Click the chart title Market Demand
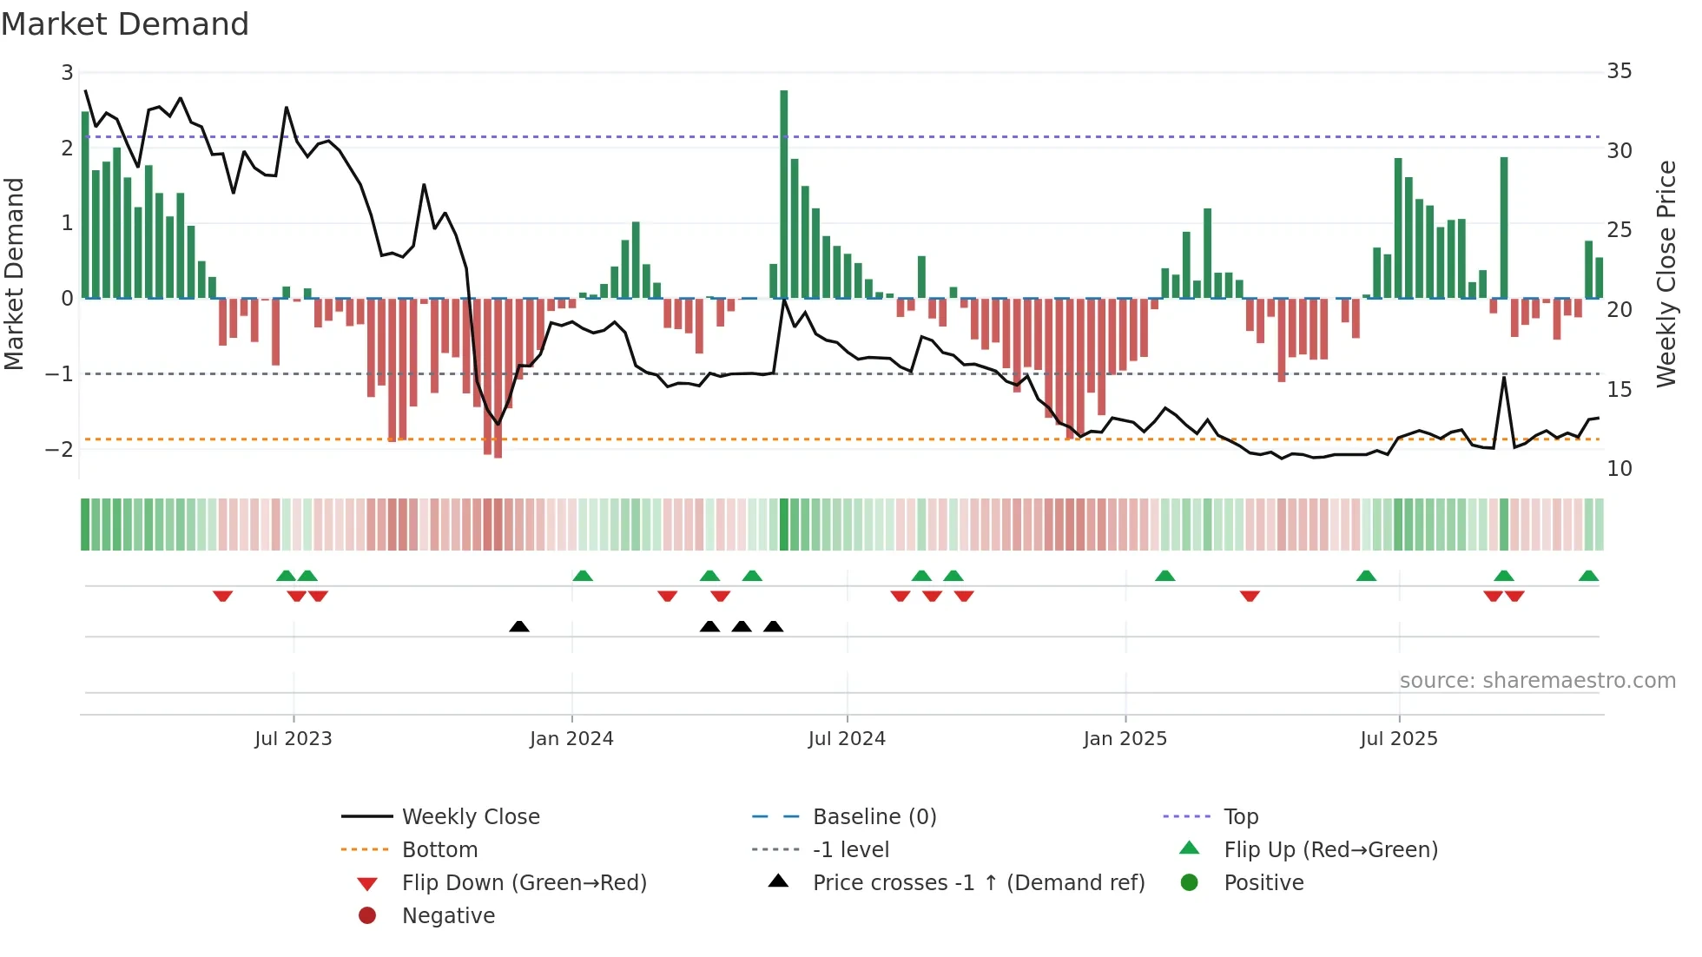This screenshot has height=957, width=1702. (125, 24)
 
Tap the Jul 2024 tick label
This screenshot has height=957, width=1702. (847, 739)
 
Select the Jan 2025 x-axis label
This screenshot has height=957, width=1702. (1125, 739)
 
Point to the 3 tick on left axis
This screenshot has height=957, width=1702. (67, 73)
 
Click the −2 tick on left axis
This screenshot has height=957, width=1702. (59, 449)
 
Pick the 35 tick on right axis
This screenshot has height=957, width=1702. (1620, 71)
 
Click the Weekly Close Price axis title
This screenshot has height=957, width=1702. (1666, 274)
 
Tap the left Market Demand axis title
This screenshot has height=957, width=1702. (14, 274)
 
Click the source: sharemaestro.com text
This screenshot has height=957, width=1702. (1537, 681)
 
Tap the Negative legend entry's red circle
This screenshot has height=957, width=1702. (367, 916)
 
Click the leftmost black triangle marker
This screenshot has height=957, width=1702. (519, 626)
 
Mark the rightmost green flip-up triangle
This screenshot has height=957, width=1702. (1588, 576)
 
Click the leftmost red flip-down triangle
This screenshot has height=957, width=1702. (223, 596)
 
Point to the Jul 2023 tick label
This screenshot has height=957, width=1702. (294, 739)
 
